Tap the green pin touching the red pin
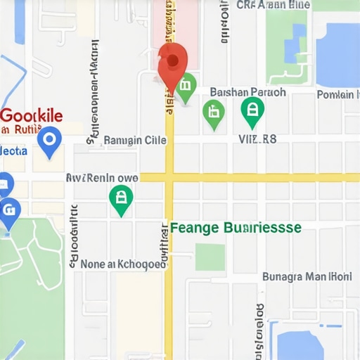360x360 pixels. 185,87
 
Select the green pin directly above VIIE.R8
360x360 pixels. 252,110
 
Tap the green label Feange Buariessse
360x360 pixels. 236,228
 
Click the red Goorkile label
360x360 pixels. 32,116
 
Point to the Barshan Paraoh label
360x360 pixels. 247,92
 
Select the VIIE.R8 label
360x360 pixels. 258,139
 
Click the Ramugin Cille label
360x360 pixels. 135,140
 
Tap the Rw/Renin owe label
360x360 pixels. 102,178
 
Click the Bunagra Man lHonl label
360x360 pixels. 307,276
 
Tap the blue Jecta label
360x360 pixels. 14,150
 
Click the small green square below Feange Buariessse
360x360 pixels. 210,257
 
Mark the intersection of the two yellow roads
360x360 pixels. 169,177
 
